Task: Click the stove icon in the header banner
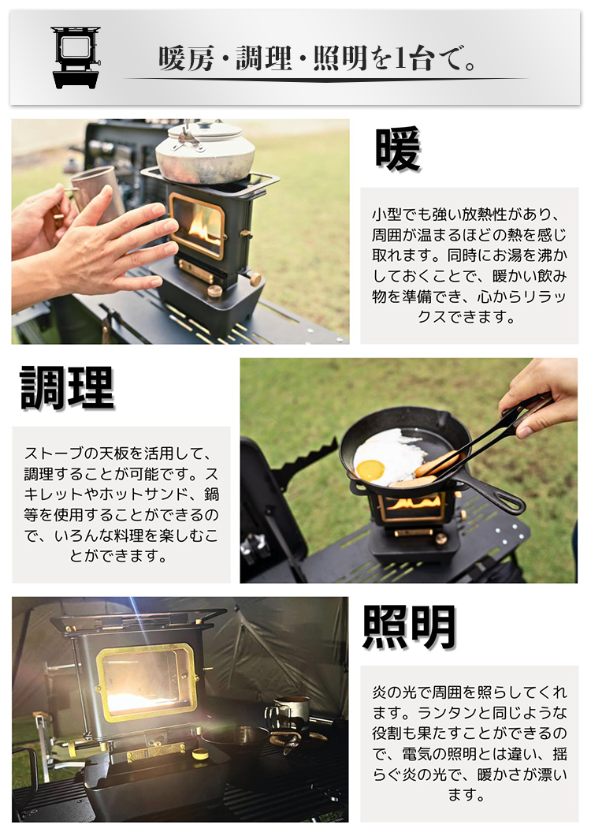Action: coord(76,57)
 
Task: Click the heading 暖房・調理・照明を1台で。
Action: coord(318,58)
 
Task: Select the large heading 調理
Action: coord(67,387)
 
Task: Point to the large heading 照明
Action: coord(409,628)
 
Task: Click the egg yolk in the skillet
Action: coord(370,470)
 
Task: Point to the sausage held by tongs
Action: coord(437,464)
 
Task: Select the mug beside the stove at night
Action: coord(288,714)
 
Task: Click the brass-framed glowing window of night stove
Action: coord(147,683)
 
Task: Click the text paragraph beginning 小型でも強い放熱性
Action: coord(469,266)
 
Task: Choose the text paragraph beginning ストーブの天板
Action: coord(121,505)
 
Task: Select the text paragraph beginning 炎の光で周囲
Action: coord(470,743)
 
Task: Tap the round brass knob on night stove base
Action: coord(200,754)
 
